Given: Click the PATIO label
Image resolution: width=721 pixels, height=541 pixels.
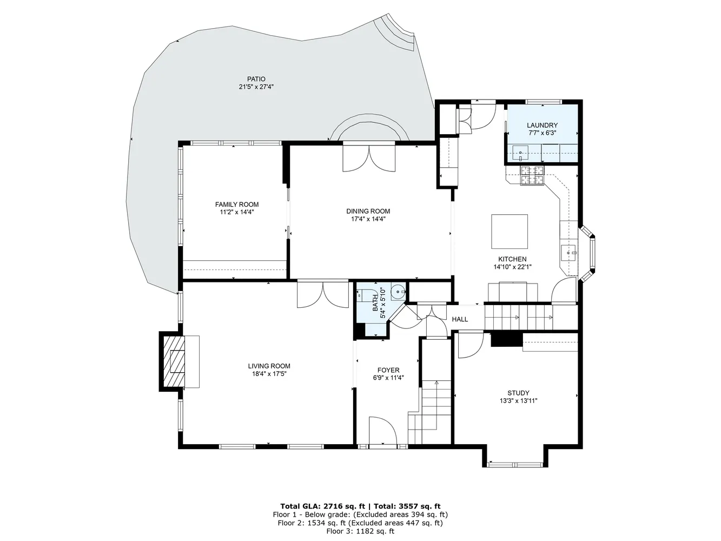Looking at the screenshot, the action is point(256,79).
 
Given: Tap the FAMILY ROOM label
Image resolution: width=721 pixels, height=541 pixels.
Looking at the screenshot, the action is point(237,204).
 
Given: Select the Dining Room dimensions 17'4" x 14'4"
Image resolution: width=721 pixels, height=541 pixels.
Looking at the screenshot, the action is point(368,219).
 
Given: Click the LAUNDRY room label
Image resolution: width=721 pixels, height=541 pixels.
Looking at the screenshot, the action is point(542,125).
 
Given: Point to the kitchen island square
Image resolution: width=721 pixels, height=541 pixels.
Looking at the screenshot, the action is point(509,231).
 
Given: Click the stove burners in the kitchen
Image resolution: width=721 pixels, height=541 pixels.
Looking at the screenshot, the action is point(532,175).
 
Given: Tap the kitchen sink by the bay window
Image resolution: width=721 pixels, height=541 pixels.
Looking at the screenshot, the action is point(569,253).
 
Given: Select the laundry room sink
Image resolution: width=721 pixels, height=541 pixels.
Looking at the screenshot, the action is point(520,153).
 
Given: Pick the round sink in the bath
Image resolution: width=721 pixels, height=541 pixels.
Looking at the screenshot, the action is point(398,292).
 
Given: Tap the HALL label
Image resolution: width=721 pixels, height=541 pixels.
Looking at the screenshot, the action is point(460,319).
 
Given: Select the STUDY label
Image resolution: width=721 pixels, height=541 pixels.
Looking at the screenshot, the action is point(518,393).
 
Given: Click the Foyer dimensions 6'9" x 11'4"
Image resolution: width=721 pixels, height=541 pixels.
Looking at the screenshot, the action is point(388,378).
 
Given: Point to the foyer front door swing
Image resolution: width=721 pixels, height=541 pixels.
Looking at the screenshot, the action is point(382,431).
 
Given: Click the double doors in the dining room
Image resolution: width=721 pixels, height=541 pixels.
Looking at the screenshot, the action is point(369,159).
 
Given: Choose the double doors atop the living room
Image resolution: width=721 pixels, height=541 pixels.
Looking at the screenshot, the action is point(323,295).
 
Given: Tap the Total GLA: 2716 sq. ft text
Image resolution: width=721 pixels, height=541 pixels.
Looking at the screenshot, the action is point(322,506).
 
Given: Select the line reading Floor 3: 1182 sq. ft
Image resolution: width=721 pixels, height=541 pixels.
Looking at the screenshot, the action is point(360,531).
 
